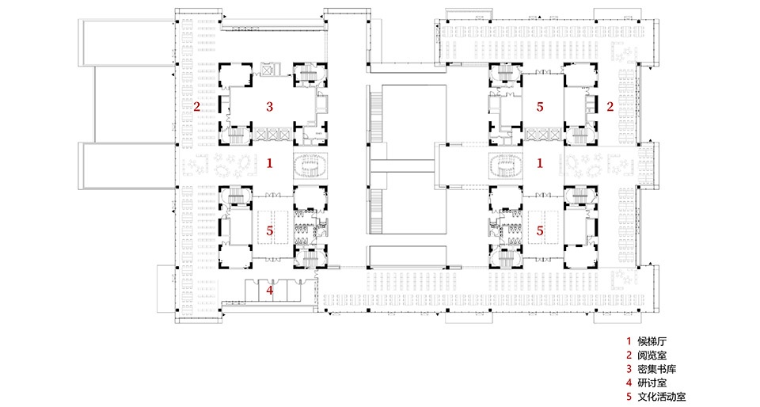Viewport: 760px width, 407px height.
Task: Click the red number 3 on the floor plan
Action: click(x=269, y=107)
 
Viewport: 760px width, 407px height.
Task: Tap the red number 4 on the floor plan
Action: click(x=269, y=291)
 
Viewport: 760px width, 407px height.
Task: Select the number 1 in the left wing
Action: click(x=269, y=163)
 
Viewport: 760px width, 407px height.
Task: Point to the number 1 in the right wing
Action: click(x=540, y=163)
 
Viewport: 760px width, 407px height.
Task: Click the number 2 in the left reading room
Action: click(x=197, y=107)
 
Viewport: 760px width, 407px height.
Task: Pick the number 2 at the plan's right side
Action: click(x=610, y=107)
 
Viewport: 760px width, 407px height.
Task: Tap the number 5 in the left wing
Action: click(x=269, y=231)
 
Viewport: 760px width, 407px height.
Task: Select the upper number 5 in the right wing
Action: click(x=540, y=107)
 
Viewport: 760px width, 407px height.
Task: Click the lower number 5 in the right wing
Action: click(x=540, y=231)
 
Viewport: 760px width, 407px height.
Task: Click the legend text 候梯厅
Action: click(x=652, y=341)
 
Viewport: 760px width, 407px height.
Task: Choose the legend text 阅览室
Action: click(x=652, y=356)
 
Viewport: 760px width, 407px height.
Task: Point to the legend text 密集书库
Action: click(x=657, y=369)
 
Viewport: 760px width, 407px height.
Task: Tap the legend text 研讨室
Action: click(x=652, y=382)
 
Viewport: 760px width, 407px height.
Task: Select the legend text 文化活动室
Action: click(x=662, y=397)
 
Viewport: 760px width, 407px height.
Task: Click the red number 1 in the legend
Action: click(x=629, y=341)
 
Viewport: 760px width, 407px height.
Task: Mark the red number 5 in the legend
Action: click(x=629, y=397)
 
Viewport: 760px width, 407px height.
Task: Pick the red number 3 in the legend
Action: click(x=629, y=369)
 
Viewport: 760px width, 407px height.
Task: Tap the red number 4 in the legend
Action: click(x=629, y=382)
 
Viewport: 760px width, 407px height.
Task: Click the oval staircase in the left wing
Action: click(x=310, y=165)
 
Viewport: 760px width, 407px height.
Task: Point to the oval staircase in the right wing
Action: click(x=506, y=165)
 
